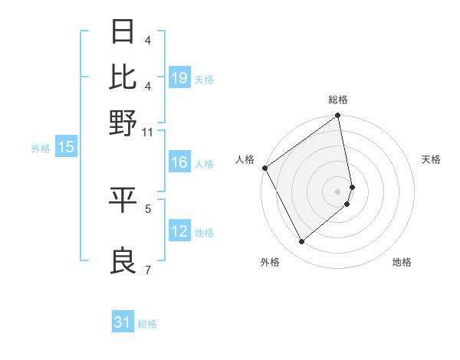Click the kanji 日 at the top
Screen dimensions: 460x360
(123, 32)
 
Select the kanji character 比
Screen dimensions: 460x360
(123, 77)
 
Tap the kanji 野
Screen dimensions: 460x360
(123, 122)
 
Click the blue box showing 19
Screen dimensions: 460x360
(179, 77)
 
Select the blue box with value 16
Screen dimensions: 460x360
(179, 162)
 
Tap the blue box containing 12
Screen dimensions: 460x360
(179, 231)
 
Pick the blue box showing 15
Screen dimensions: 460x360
(66, 148)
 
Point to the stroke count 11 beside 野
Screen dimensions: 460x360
(147, 133)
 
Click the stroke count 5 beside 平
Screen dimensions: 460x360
(148, 208)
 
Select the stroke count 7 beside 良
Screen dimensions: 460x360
(148, 270)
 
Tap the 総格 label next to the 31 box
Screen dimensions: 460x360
(147, 324)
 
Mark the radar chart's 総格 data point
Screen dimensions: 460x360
(338, 116)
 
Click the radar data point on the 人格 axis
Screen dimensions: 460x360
(264, 168)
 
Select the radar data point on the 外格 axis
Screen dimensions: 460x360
(301, 242)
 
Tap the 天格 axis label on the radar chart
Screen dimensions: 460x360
(431, 160)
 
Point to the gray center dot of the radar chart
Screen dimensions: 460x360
(338, 191)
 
